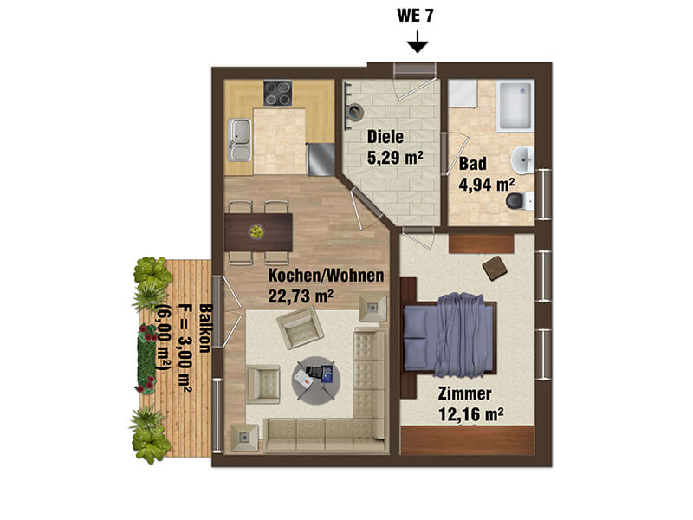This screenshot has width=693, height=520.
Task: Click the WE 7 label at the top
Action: [415, 16]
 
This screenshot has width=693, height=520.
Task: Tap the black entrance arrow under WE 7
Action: [418, 42]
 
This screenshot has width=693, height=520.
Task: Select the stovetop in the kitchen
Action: [277, 94]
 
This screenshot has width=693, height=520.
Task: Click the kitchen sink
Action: [239, 140]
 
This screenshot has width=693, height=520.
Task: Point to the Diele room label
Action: [385, 137]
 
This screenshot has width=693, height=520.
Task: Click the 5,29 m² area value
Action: [395, 157]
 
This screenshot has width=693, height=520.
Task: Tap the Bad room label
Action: [472, 164]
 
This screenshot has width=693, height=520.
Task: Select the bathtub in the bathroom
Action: [515, 106]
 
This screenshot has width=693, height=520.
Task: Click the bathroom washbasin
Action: [523, 159]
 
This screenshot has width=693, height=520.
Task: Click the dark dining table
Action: [258, 232]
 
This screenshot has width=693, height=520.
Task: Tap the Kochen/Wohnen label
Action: [327, 276]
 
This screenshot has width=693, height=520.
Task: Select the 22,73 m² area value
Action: [301, 296]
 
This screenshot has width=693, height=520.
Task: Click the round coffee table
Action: [316, 380]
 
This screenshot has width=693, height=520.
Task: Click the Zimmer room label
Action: [464, 393]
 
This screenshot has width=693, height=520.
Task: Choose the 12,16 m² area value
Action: [470, 414]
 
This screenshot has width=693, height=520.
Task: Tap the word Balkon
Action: [205, 328]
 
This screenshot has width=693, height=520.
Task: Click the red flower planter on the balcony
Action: [146, 359]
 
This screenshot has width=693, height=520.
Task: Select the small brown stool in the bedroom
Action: [495, 268]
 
